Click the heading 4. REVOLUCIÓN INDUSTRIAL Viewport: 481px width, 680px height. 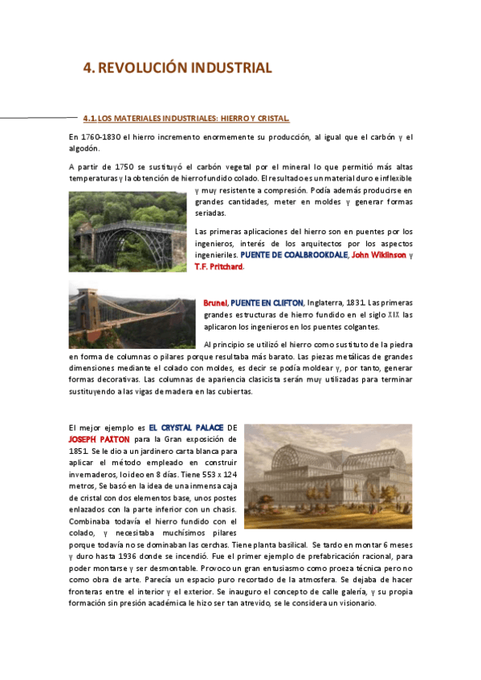coord(178,68)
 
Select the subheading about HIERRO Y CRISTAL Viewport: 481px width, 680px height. coord(191,119)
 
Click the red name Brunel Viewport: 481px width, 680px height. coord(215,302)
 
